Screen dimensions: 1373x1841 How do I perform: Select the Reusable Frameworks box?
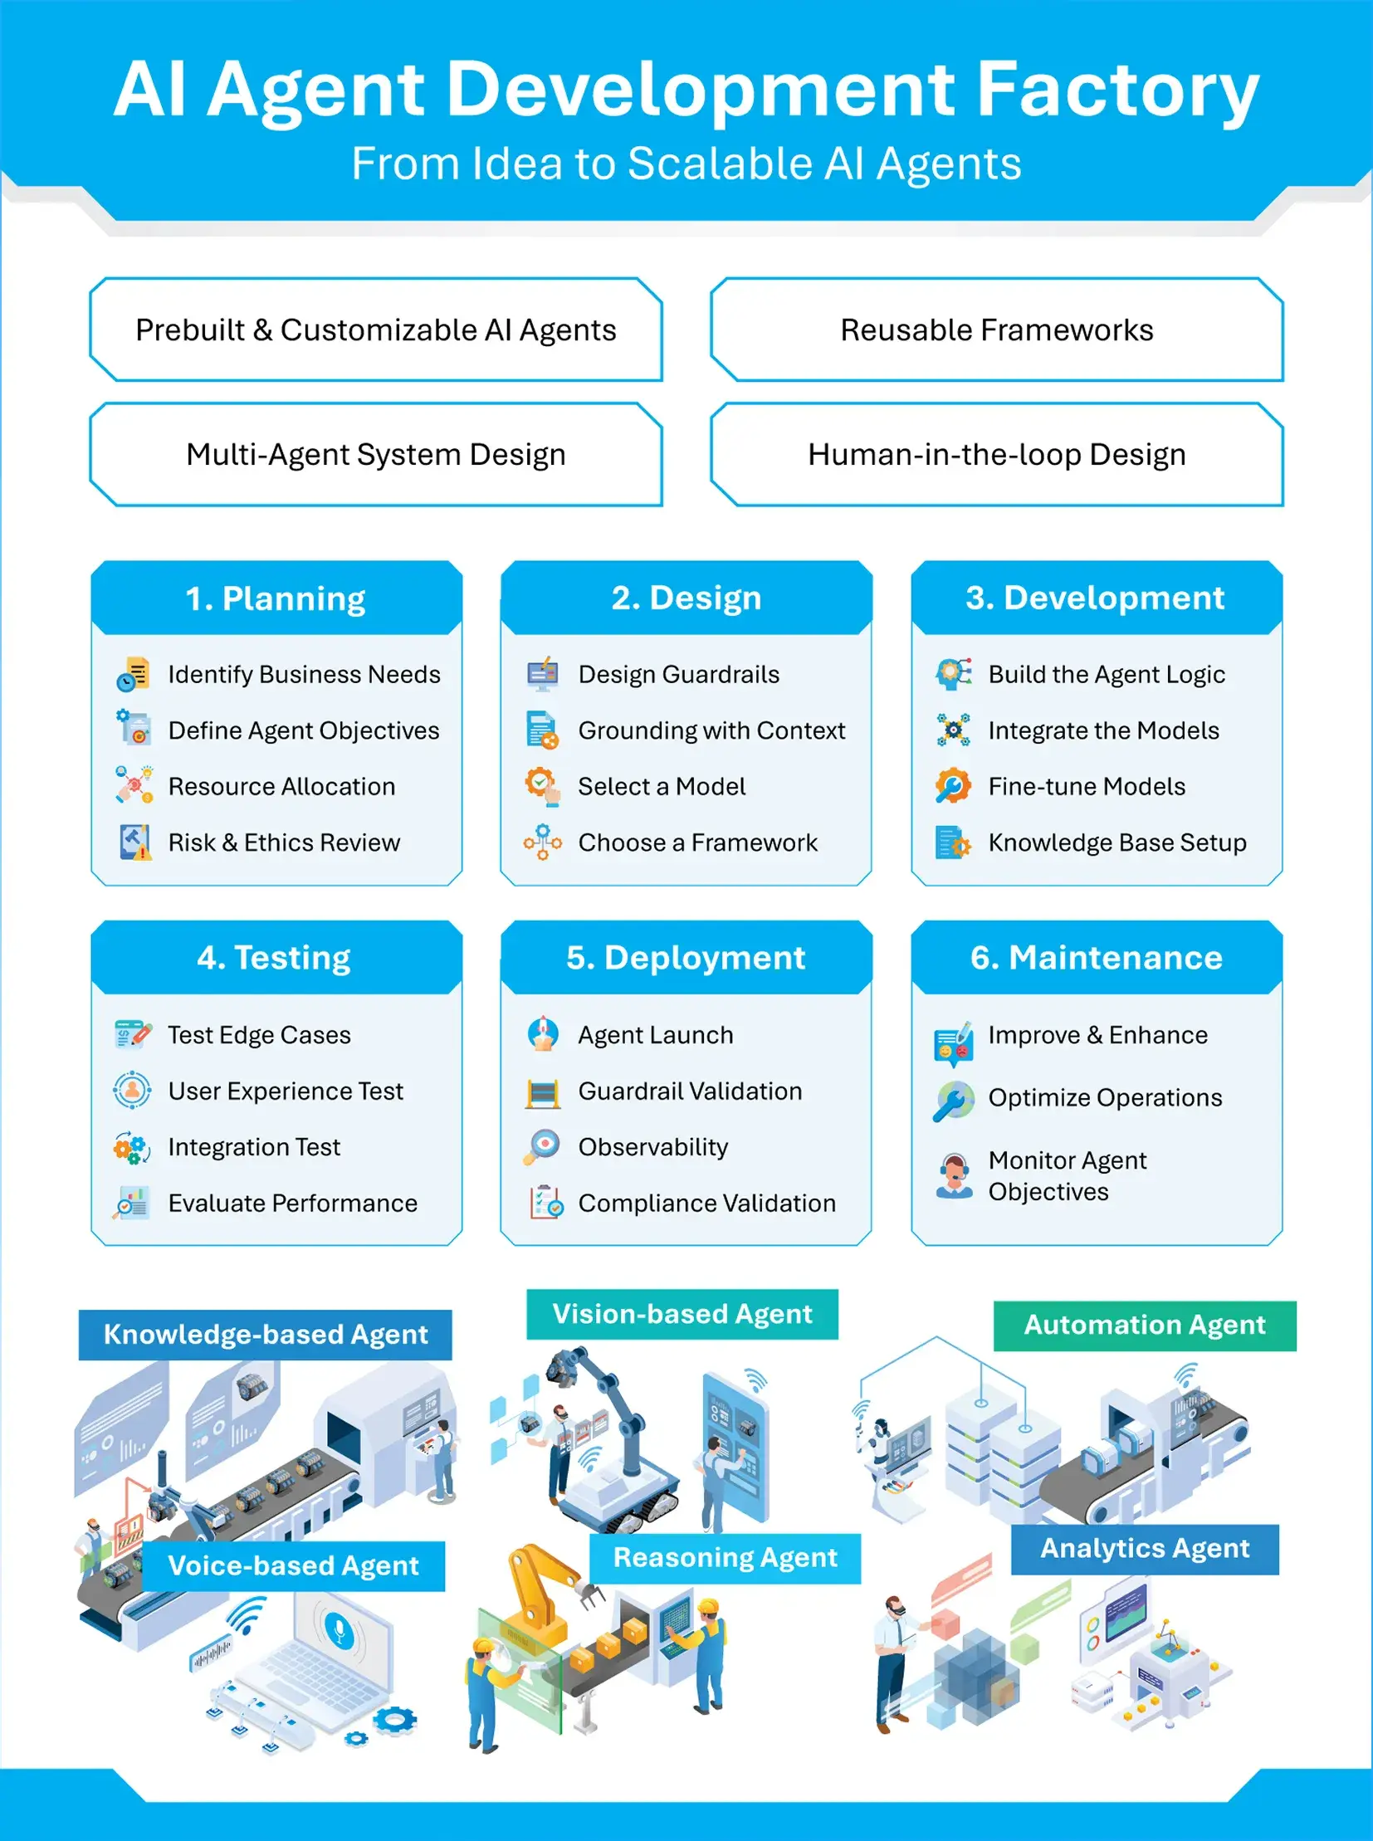(x=996, y=330)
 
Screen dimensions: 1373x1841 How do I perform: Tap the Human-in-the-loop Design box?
(x=996, y=455)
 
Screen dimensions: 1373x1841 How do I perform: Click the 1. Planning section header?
(x=276, y=598)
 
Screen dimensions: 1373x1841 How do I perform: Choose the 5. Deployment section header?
(x=686, y=958)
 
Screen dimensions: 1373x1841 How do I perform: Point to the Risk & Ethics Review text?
(x=284, y=842)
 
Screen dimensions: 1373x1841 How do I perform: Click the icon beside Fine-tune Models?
(x=952, y=785)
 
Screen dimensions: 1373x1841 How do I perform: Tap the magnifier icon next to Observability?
(x=542, y=1146)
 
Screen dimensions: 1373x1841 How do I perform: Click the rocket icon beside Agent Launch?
(x=543, y=1034)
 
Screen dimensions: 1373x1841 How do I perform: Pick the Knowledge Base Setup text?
(x=1117, y=842)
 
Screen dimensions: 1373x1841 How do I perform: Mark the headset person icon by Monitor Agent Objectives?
(x=953, y=1175)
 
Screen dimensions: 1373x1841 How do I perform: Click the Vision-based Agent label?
(x=682, y=1314)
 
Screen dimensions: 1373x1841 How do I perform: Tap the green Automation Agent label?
(x=1145, y=1325)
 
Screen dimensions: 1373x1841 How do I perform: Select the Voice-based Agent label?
(x=293, y=1566)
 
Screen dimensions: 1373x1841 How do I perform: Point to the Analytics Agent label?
(x=1145, y=1549)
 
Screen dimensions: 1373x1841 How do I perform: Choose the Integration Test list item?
(x=253, y=1147)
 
